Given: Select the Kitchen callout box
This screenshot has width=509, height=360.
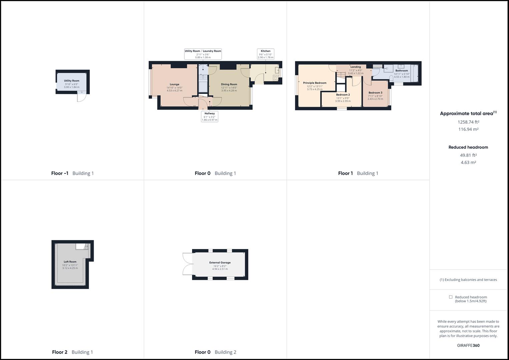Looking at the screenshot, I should click(265, 54).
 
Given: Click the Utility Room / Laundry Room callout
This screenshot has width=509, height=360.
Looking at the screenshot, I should click(203, 54).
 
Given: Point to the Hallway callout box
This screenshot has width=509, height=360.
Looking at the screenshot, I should click(209, 116).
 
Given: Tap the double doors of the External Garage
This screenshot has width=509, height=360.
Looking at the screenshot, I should click(187, 264).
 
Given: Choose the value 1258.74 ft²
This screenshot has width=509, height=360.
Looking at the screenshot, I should click(468, 122).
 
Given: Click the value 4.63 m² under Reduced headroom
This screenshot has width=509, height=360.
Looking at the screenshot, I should click(468, 162).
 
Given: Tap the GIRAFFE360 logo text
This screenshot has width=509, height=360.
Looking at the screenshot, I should click(468, 345).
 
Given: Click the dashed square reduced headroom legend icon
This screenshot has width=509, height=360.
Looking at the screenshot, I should click(451, 297).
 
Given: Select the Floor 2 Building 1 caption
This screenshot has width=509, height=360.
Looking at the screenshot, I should click(72, 352).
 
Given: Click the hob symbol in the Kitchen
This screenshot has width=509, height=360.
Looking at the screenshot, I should click(276, 78).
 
